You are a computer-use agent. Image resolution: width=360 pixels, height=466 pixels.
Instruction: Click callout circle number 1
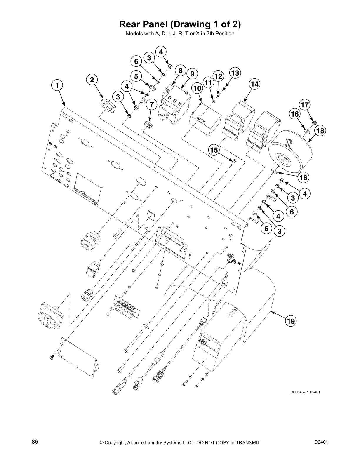(58, 85)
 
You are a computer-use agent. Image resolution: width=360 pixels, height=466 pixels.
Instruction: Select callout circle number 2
(92, 79)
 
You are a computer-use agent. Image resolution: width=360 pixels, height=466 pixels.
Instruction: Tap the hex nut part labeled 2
(108, 106)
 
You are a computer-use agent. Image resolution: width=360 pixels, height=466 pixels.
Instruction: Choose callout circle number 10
(197, 88)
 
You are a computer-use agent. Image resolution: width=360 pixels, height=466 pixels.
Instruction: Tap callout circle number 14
(255, 84)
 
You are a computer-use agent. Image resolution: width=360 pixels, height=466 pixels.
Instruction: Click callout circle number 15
(214, 150)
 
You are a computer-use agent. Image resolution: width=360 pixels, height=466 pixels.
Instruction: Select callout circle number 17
(305, 104)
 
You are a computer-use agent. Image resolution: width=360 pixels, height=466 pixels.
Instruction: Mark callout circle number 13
(235, 73)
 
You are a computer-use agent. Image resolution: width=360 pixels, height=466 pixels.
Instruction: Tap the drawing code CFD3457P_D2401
(305, 392)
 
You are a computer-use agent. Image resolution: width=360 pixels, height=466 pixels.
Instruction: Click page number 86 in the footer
(35, 442)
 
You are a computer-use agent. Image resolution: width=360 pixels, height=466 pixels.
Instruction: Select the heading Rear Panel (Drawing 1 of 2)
(180, 24)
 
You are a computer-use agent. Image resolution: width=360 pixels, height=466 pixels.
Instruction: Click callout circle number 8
(180, 71)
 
